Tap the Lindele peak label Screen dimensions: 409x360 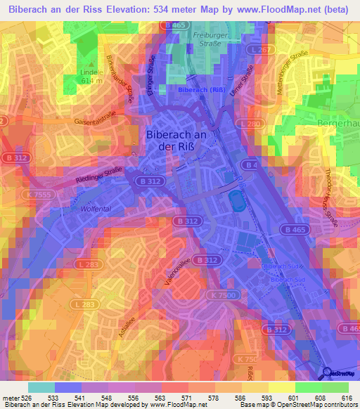coord(91,72)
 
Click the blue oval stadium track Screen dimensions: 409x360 coord(236,200)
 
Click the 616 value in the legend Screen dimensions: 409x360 coord(345,398)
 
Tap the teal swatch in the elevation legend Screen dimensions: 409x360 coord(41,387)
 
